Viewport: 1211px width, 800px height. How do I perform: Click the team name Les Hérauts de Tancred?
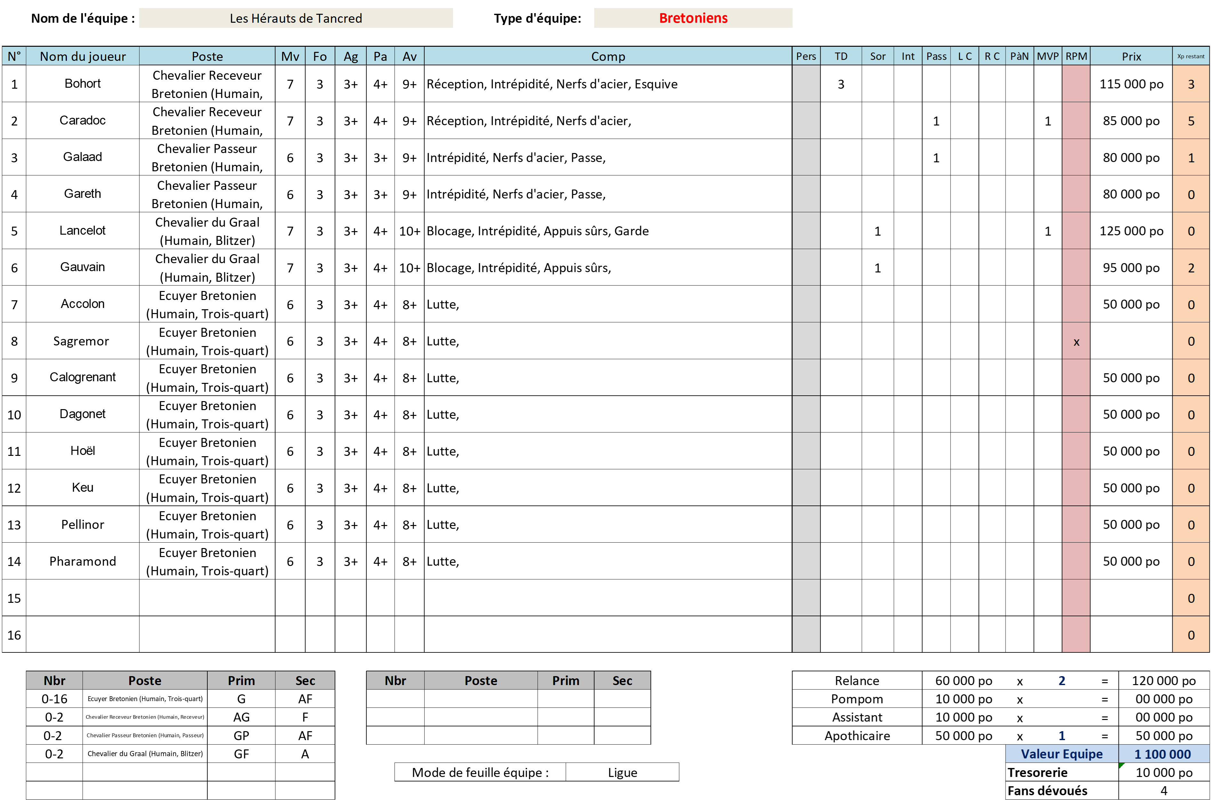(296, 18)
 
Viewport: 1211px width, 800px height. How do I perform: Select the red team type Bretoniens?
(693, 18)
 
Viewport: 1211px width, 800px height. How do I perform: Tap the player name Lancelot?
(83, 230)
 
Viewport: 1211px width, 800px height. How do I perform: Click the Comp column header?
(608, 56)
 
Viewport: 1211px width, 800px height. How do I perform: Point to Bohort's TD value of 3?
(841, 84)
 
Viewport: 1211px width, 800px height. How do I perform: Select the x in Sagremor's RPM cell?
(1076, 342)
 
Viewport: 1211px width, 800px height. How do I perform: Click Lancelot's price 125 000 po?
(1131, 231)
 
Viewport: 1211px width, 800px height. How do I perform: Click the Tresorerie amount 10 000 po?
(1164, 772)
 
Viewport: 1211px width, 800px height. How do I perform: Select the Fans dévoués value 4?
(1164, 791)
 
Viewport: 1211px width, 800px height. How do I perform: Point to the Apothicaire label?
(857, 736)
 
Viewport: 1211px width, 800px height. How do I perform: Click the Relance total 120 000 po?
(1164, 681)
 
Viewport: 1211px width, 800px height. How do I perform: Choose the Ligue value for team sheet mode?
(622, 772)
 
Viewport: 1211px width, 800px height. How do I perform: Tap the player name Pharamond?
(83, 561)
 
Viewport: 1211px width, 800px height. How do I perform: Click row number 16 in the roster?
(14, 635)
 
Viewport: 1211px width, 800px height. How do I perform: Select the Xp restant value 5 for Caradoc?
(1191, 121)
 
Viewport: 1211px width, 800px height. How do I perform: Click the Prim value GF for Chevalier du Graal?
(241, 754)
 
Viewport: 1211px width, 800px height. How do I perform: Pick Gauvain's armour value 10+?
(410, 268)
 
